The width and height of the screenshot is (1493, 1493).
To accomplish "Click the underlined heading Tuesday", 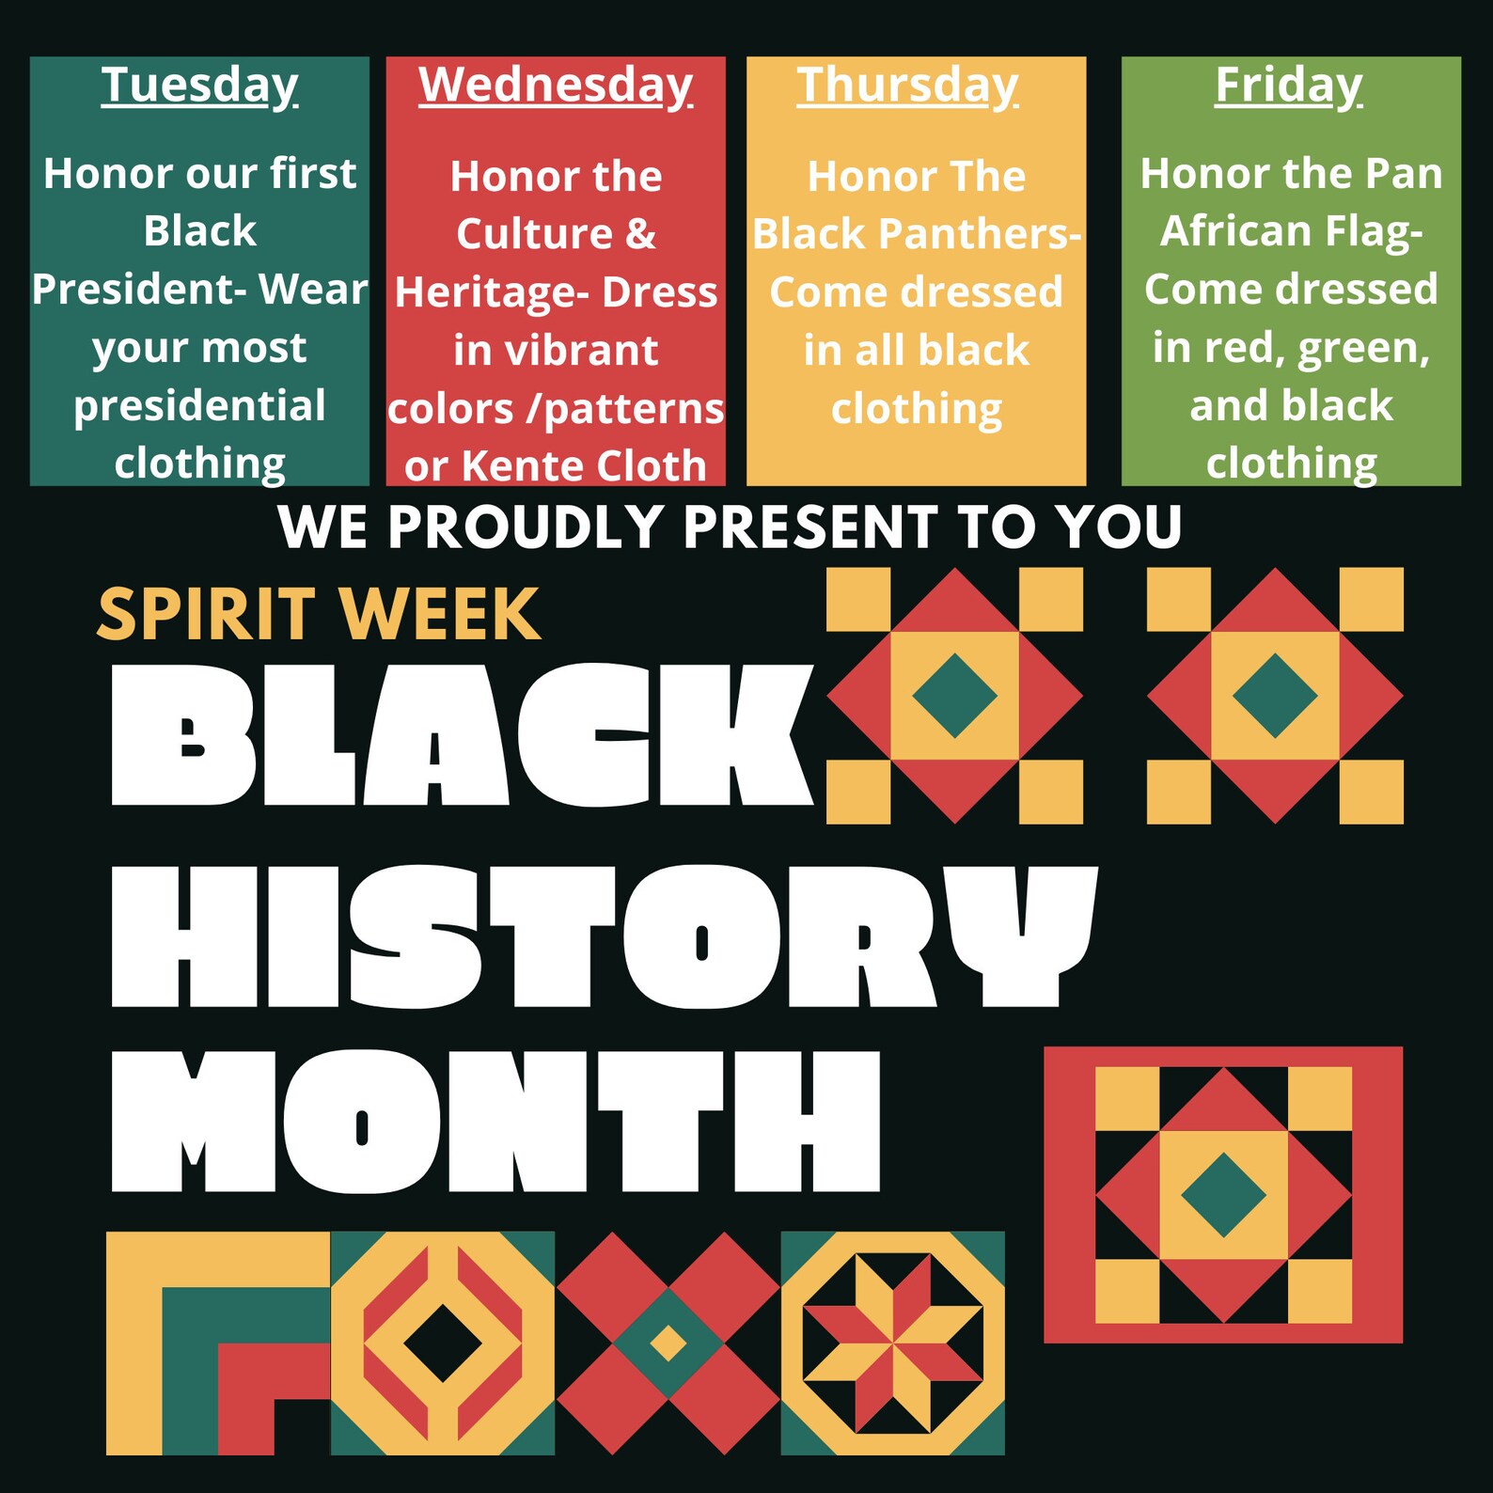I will point(199,86).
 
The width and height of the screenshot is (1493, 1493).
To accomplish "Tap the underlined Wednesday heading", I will point(556,86).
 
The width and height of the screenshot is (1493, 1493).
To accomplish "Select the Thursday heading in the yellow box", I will point(907,86).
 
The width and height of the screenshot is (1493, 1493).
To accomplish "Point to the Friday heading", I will point(1288,86).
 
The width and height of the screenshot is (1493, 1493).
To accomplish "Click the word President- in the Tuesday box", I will point(139,290).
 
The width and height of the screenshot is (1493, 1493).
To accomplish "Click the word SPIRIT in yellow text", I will point(206,616).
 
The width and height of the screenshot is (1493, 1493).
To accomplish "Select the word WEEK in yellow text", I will point(440,616).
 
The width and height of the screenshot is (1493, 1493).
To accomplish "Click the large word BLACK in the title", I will point(461,735).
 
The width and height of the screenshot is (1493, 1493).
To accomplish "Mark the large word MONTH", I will point(495,1121).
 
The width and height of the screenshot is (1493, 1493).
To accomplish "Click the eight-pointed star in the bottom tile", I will point(892,1343).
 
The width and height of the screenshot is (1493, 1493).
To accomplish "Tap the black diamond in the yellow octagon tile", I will point(443,1343).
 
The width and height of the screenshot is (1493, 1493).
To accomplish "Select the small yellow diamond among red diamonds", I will point(668,1343).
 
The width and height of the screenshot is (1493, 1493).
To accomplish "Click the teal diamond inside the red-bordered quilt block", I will point(1223,1195).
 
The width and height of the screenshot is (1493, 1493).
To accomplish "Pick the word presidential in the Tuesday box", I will point(199,406).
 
